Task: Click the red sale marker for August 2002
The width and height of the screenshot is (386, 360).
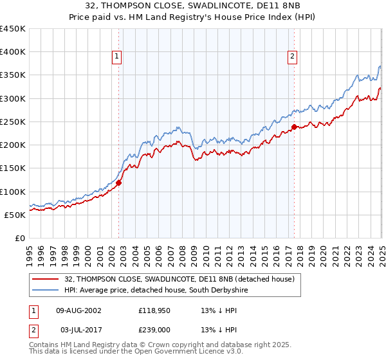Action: pos(119,182)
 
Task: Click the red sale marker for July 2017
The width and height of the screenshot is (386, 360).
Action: pos(294,127)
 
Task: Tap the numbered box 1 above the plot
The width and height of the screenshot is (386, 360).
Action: pos(117,57)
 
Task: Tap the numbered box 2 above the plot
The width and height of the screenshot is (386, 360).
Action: pos(292,57)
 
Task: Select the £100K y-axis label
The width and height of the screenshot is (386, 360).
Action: pos(14,192)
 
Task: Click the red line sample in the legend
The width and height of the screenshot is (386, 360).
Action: pos(44,279)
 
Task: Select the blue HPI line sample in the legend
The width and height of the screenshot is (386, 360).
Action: pos(44,290)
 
